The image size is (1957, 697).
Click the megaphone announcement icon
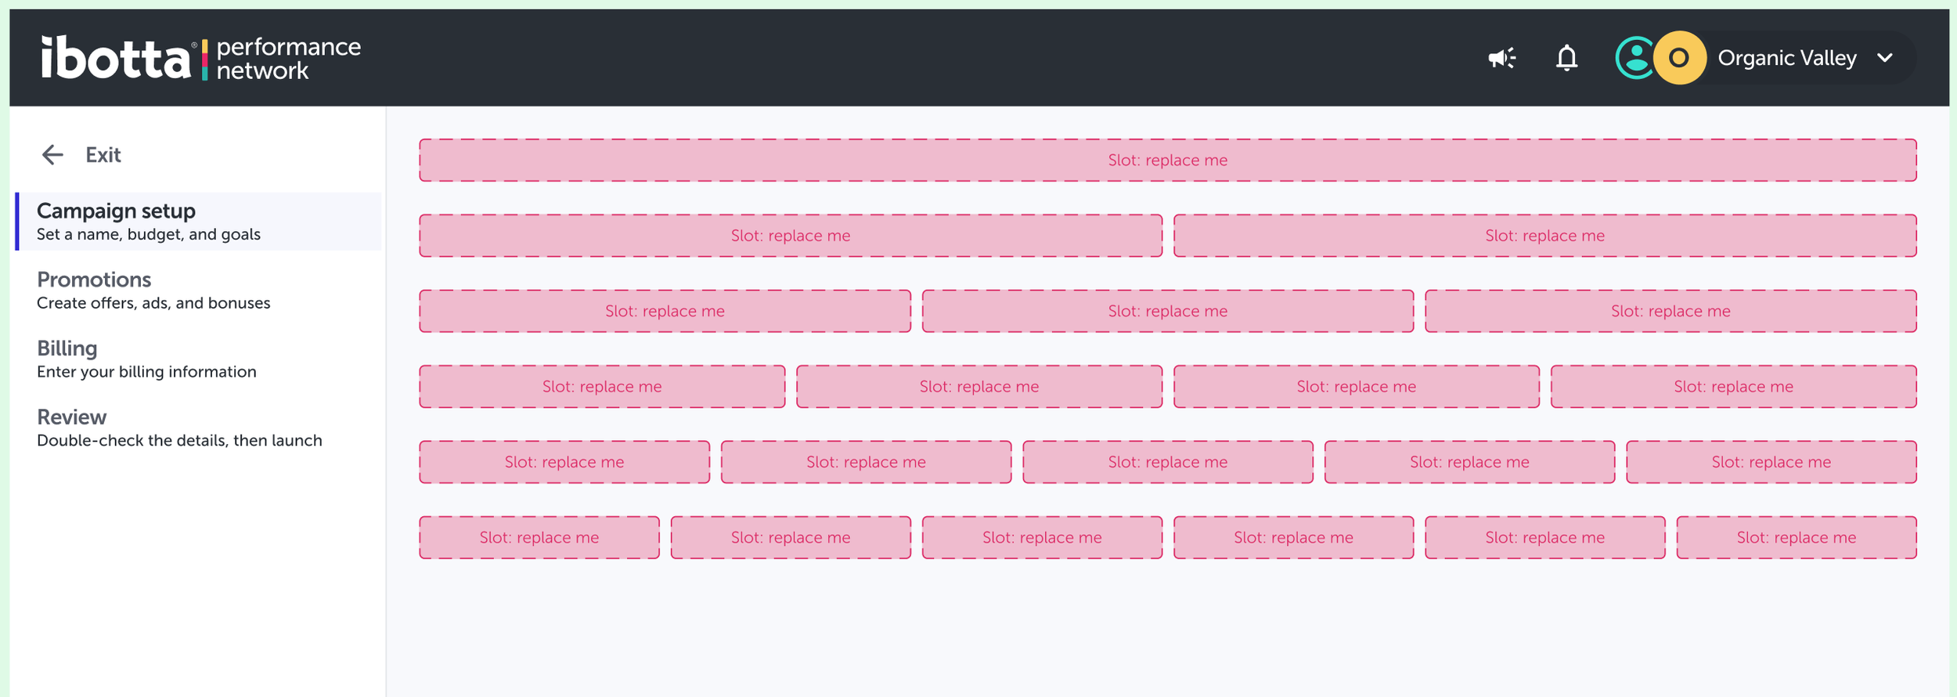coord(1501,58)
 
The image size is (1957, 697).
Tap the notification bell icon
coord(1566,58)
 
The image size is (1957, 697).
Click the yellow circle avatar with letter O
coord(1679,58)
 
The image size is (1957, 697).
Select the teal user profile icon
coord(1635,58)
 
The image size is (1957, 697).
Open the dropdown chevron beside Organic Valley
coord(1885,58)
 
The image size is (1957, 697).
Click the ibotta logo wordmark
coord(116,58)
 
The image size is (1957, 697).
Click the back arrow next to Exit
coord(52,155)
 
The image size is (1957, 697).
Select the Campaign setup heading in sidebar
coord(116,211)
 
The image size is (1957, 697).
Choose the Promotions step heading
coord(94,280)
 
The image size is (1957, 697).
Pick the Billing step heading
coord(67,348)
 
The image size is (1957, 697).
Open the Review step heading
coord(71,417)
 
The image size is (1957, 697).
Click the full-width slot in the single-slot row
coord(1167,161)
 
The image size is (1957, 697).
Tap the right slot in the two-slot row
coord(1544,236)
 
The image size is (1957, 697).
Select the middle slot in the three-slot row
coord(1167,312)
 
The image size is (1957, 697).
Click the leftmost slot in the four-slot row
coord(602,387)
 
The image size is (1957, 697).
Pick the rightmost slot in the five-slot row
coord(1771,462)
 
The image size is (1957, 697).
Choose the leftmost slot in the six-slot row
coord(539,538)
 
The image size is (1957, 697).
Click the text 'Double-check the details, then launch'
coord(179,441)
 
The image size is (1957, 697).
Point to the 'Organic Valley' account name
coord(1786,58)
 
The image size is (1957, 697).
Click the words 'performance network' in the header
coord(288,59)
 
